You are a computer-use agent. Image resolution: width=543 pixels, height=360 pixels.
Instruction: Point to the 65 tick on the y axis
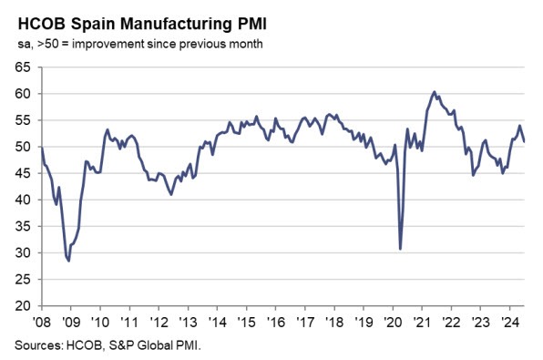point(21,67)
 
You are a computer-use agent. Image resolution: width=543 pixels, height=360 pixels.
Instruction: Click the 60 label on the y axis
point(21,94)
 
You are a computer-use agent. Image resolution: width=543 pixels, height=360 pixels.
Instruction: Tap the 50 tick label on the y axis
point(21,147)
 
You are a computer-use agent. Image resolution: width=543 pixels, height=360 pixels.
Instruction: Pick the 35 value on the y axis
point(21,226)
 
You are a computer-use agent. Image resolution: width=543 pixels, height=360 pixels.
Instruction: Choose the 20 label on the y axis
point(21,305)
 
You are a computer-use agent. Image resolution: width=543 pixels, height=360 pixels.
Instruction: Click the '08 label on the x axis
point(42,322)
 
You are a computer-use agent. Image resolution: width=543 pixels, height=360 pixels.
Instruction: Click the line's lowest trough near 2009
point(68,261)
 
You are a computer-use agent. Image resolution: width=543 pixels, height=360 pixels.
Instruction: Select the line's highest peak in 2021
point(435,92)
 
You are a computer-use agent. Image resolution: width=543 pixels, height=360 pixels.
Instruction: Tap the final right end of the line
point(524,141)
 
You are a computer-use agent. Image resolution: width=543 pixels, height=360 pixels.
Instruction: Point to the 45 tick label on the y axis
point(21,173)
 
